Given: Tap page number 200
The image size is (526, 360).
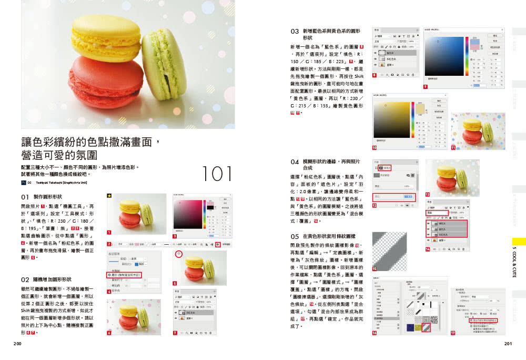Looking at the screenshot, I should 17,344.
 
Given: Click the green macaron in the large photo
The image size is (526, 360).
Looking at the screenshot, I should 162,63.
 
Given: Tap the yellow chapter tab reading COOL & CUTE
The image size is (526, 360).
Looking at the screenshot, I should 519,263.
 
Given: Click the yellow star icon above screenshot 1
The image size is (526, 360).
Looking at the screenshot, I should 109,196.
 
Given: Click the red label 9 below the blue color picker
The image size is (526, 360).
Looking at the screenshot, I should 425,86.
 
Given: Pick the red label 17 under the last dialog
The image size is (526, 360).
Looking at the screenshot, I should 453,333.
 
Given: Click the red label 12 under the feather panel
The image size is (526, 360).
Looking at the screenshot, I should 375,206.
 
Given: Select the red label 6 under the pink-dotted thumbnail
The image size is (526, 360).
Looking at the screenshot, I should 109,333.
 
